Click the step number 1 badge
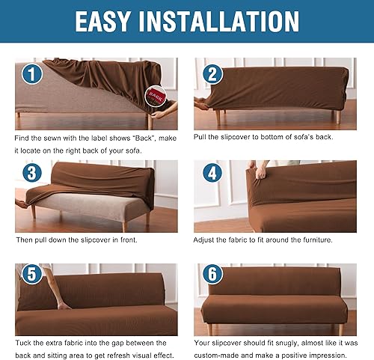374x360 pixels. (x=31, y=75)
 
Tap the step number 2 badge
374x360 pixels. (x=212, y=74)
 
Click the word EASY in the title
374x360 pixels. (x=111, y=21)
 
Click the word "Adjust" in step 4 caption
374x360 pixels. (x=207, y=240)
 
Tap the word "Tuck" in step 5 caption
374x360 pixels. (x=24, y=341)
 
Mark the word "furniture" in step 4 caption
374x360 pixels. (x=313, y=240)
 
